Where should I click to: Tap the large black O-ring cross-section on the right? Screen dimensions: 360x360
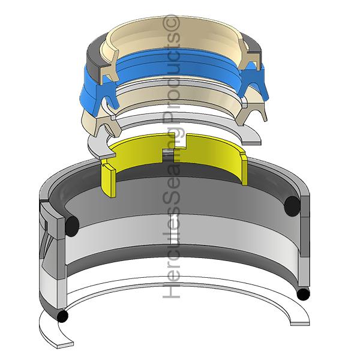pos(292,206)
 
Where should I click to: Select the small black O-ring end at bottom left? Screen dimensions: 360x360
pos(62,316)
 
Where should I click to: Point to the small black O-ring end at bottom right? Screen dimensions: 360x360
pos(303,295)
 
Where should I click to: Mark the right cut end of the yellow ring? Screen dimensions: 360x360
pos(244,169)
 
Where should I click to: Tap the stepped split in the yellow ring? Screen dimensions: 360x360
pos(175,148)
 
